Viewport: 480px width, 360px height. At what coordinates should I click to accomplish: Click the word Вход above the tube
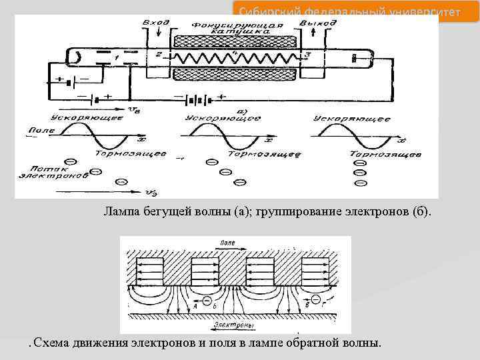(156, 23)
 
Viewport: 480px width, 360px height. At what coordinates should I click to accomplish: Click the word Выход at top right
(318, 23)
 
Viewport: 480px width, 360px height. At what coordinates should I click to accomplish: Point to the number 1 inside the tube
(117, 59)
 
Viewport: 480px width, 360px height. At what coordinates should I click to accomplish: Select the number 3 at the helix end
(308, 54)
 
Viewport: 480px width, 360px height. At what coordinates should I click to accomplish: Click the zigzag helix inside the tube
(237, 57)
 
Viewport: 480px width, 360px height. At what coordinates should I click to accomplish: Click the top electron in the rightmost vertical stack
(360, 162)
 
